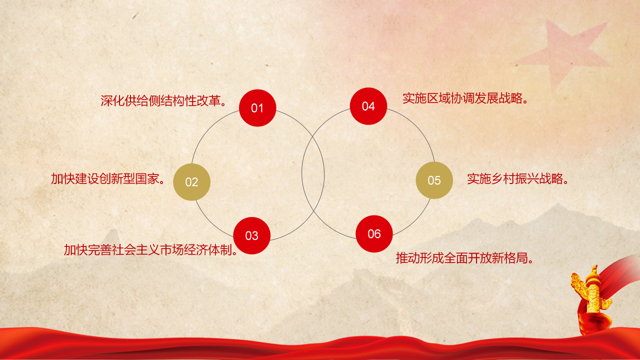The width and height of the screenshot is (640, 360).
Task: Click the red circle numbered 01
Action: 257,108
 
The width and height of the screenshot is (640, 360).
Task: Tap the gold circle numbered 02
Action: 191,182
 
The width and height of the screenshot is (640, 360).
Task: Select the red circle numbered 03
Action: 252,236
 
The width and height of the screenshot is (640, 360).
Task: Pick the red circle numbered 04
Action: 368,106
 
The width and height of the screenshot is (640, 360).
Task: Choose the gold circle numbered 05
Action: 434,180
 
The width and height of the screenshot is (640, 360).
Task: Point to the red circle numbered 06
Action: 374,233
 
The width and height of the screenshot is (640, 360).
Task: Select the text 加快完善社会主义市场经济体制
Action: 150,249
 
